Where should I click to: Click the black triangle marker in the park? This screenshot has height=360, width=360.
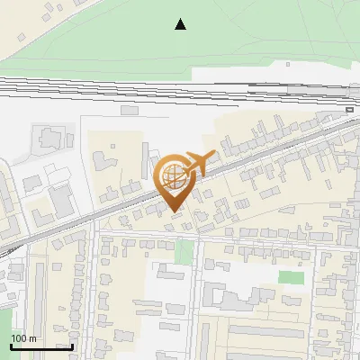coord(181,24)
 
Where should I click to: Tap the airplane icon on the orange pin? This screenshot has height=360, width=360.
coord(199,163)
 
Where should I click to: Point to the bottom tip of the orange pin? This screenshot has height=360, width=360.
coord(175,211)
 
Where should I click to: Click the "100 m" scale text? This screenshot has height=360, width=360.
coord(24,338)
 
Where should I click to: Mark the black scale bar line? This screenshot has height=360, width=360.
coord(41,346)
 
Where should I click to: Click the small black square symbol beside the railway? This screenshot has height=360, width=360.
coord(349,109)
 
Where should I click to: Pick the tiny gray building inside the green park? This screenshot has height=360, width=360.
coord(288,65)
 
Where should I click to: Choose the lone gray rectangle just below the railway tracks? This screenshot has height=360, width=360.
coord(130,111)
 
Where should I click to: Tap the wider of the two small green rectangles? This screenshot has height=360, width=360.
coord(290,277)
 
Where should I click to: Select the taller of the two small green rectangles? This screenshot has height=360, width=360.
coord(184,252)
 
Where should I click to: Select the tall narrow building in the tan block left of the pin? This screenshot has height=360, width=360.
coord(144,158)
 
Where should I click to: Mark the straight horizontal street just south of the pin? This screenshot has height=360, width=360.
coord(225,237)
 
